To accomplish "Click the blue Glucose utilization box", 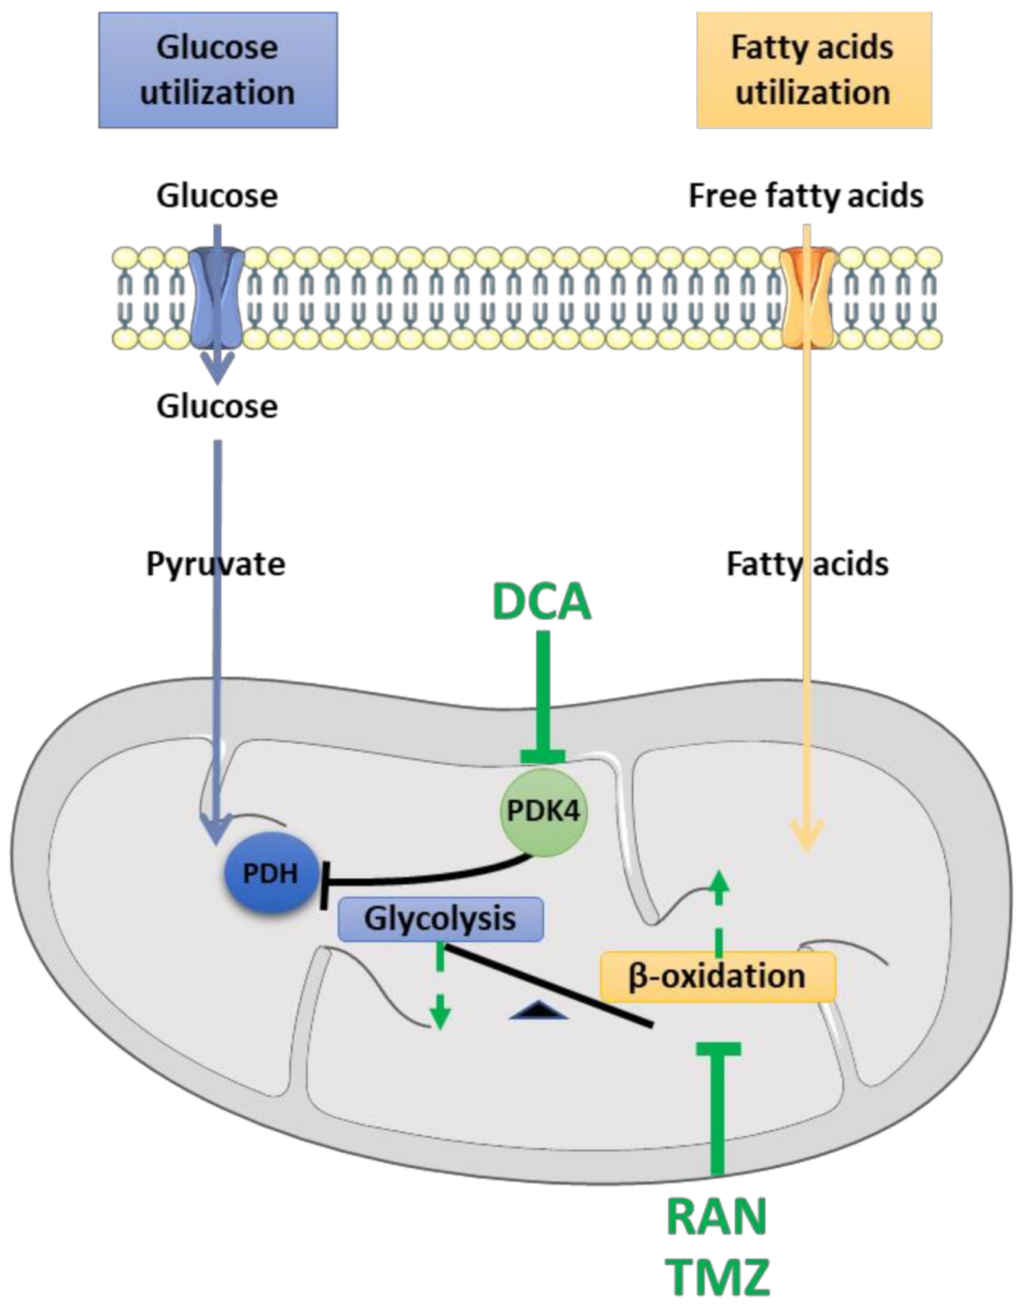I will pos(217,70).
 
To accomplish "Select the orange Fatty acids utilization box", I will pos(813,70).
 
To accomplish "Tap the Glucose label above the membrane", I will pos(217,196).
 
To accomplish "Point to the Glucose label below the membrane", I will pos(217,406).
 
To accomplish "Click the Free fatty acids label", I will pos(805,196).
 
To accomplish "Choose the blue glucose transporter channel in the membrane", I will pos(217,297).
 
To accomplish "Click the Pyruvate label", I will pos(216,564).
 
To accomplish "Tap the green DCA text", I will pos(542,602).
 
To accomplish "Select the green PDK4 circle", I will pos(544,811).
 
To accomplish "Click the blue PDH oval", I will pos(271,873).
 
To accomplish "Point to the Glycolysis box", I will pos(440,919).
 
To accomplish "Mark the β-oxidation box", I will pos(717,977).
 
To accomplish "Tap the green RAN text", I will pos(717,1216).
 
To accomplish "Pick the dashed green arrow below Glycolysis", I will pos(439,987).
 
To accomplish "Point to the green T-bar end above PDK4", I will pos(543,756).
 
